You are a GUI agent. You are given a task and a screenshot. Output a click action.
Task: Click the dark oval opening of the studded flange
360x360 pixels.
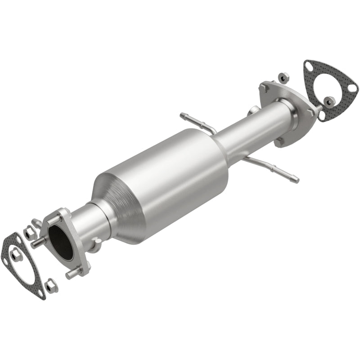62,242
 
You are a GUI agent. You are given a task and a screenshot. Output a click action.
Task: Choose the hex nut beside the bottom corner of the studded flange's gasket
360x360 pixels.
51,285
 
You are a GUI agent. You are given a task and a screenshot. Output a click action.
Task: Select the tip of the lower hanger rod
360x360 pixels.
295,180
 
